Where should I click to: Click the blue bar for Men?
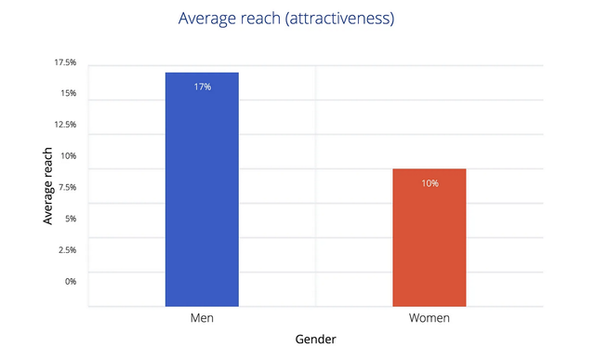pyautogui.click(x=202, y=189)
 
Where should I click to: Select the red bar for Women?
pyautogui.click(x=430, y=237)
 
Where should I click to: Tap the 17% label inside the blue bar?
pyautogui.click(x=203, y=87)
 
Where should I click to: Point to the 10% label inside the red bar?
pyautogui.click(x=430, y=183)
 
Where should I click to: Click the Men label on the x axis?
pyautogui.click(x=202, y=318)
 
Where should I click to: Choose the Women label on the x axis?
pyautogui.click(x=430, y=318)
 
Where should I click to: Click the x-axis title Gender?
pyautogui.click(x=316, y=340)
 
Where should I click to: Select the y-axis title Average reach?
pyautogui.click(x=47, y=186)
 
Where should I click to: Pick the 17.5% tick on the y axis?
pyautogui.click(x=65, y=62)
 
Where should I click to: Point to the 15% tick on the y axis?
pyautogui.click(x=68, y=93)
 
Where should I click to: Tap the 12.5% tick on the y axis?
pyautogui.click(x=65, y=125)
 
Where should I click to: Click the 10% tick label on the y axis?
pyautogui.click(x=68, y=156)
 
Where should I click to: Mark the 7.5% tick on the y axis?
pyautogui.click(x=67, y=187)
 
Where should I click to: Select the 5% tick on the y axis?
pyautogui.click(x=71, y=219)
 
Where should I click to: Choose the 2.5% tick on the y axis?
pyautogui.click(x=67, y=250)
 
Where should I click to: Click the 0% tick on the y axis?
pyautogui.click(x=71, y=281)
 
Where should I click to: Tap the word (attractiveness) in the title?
pyautogui.click(x=340, y=19)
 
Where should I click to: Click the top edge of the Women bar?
pyautogui.click(x=430, y=169)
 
